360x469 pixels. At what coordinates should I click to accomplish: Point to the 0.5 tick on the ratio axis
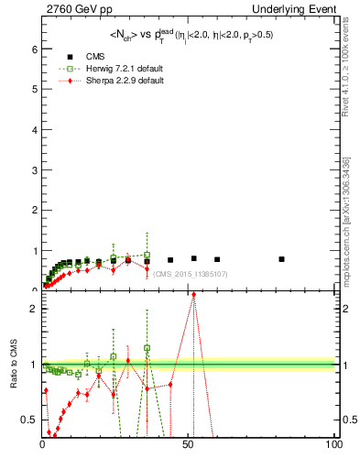pyautogui.click(x=30, y=420)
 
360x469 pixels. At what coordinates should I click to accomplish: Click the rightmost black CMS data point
pyautogui.click(x=281, y=259)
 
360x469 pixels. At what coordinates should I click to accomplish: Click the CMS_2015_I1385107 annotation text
pyautogui.click(x=190, y=274)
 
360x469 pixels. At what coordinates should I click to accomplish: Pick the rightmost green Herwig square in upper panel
pyautogui.click(x=147, y=256)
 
